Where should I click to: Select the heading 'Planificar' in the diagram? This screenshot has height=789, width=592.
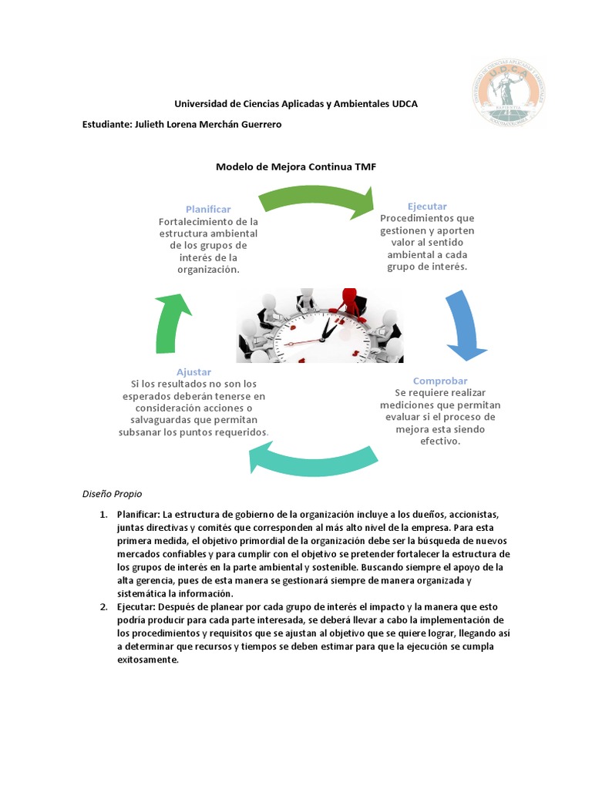pyautogui.click(x=208, y=209)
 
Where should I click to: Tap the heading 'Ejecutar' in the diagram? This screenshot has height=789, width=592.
pyautogui.click(x=427, y=206)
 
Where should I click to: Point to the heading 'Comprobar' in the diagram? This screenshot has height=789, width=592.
pyautogui.click(x=440, y=381)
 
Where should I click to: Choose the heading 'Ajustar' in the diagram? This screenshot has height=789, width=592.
pyautogui.click(x=193, y=371)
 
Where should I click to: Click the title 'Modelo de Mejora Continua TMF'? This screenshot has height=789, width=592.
pyautogui.click(x=296, y=166)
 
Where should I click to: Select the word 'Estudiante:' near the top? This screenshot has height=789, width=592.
pyautogui.click(x=106, y=125)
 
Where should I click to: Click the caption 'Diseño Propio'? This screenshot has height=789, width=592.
pyautogui.click(x=112, y=493)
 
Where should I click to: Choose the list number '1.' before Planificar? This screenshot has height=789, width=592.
pyautogui.click(x=103, y=515)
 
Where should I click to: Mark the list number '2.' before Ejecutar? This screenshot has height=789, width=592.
pyautogui.click(x=103, y=607)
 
